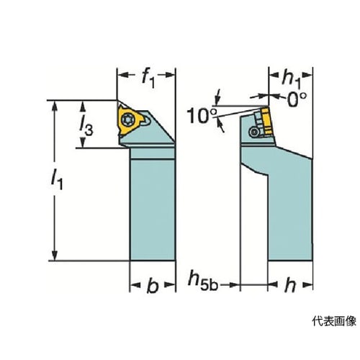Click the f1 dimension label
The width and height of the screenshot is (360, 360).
point(148,78)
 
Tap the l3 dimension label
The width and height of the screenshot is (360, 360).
point(86,127)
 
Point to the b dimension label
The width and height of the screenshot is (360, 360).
point(153,286)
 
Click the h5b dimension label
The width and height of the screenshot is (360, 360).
point(203,280)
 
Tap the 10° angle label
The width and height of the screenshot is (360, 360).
point(202,116)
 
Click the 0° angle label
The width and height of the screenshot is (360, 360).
point(297,99)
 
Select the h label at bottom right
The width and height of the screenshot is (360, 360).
point(290,285)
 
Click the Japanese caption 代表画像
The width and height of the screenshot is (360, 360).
point(334,321)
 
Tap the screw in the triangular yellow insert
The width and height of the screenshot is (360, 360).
point(126,120)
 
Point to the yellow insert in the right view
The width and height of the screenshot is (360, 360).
point(267,122)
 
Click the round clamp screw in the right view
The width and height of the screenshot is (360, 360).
point(253,132)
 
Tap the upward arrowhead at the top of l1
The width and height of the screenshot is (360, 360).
point(55,107)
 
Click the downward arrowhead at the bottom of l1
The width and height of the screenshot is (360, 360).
point(55,255)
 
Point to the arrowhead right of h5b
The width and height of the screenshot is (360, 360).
point(234,285)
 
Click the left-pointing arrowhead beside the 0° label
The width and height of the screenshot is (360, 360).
point(274,96)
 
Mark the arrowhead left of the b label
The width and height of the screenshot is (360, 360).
point(135,285)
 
